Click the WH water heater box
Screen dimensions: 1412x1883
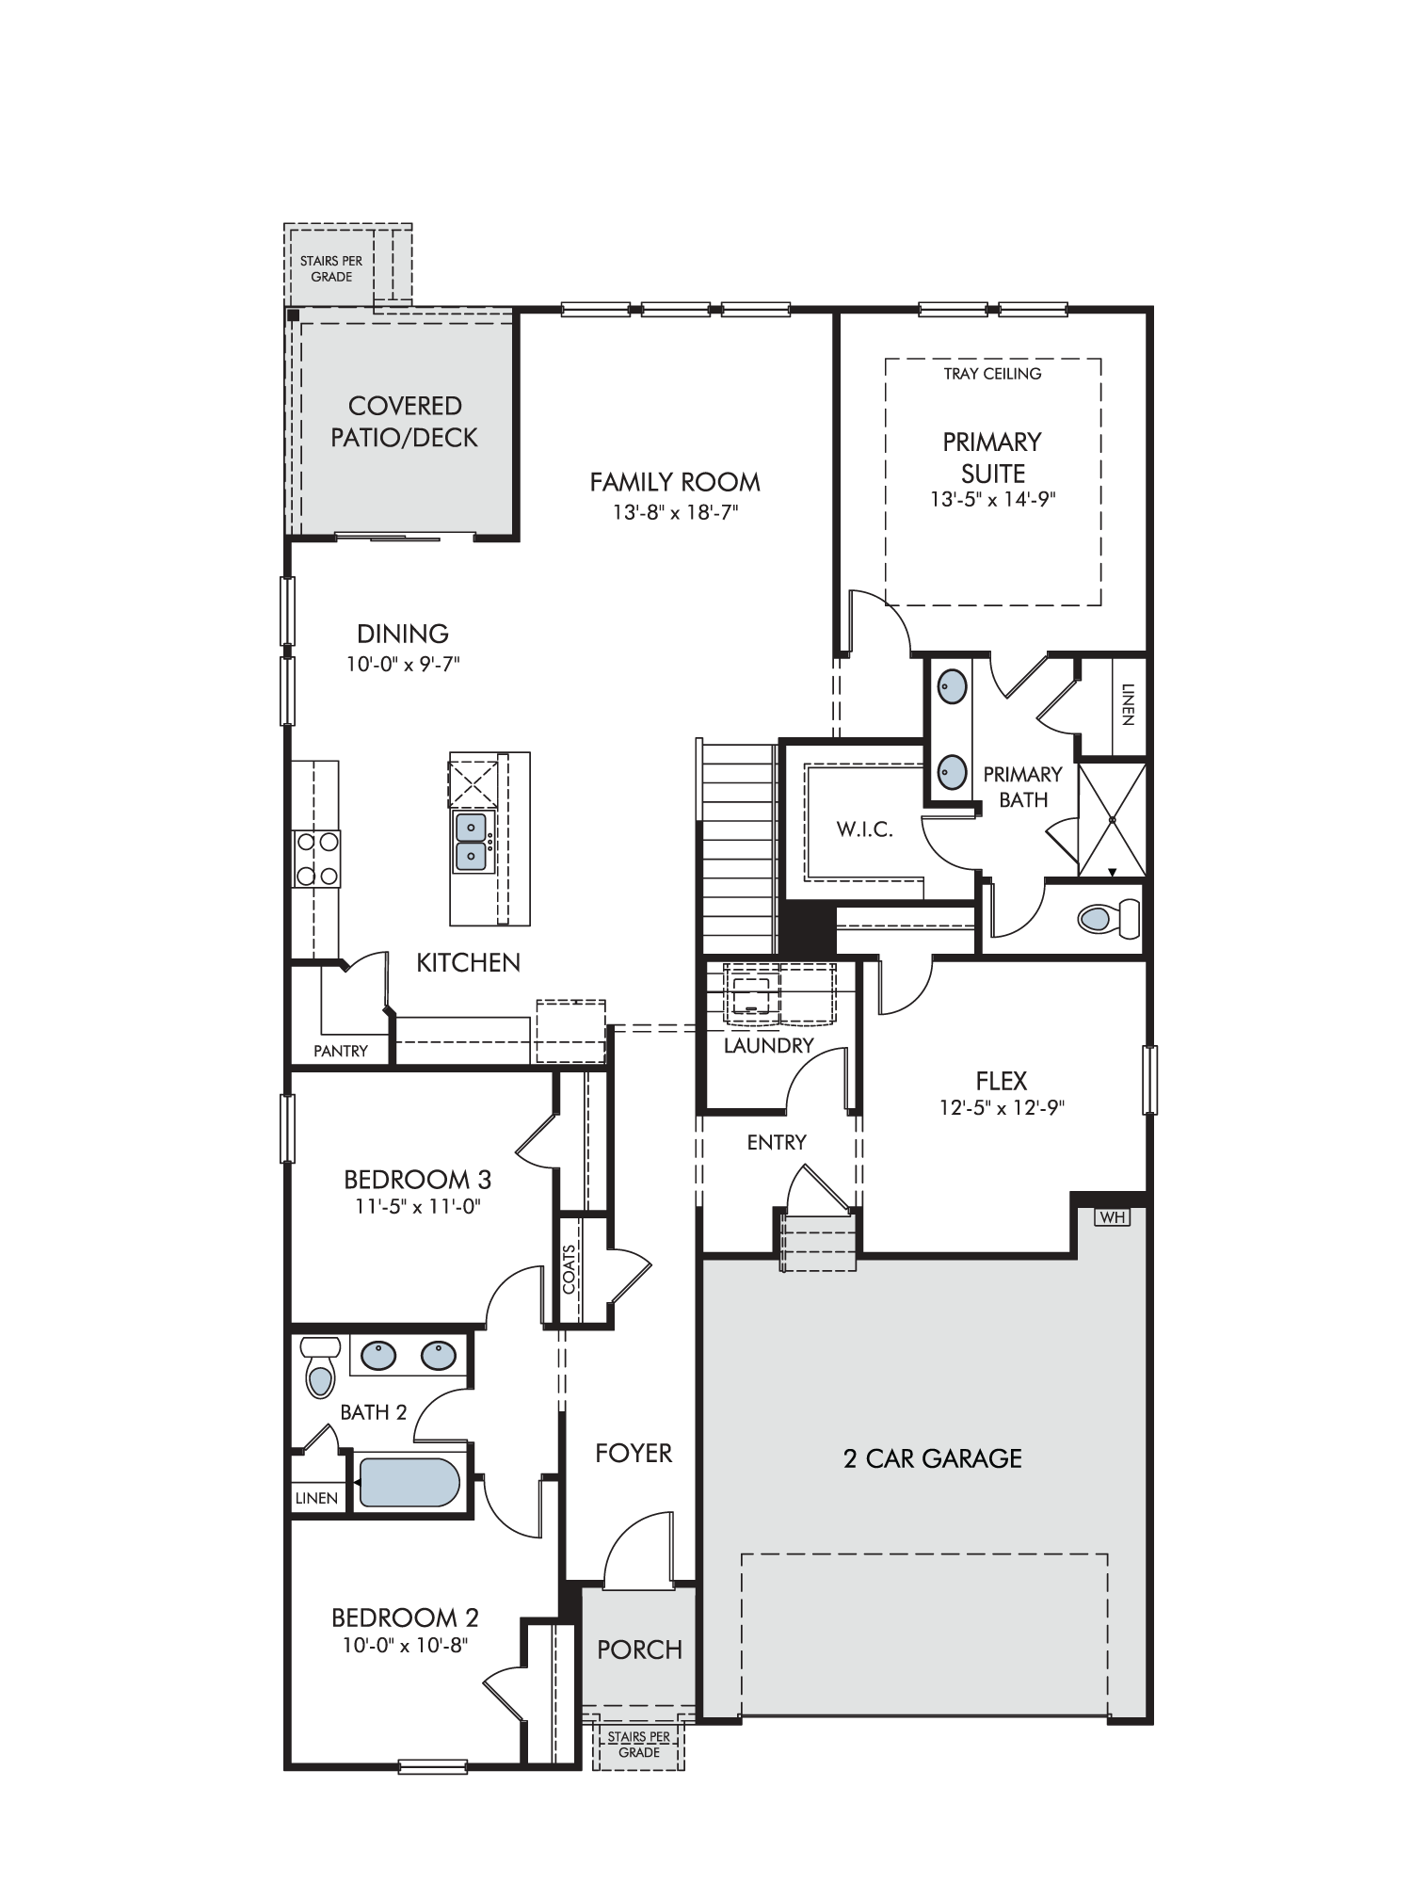(1112, 1217)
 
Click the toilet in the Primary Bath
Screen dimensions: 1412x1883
(1108, 918)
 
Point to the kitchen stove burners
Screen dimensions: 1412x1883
(316, 859)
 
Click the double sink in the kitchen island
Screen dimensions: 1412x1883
(472, 842)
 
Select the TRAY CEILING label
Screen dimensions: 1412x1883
(992, 374)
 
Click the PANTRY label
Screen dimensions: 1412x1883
(341, 1051)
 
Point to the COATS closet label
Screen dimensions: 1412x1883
(569, 1269)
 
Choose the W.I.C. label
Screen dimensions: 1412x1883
(864, 829)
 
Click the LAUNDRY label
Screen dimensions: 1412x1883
(768, 1045)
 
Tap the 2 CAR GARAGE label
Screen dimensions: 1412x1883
(932, 1458)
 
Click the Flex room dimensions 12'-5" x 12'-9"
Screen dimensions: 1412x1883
(1002, 1108)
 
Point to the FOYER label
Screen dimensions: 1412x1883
(634, 1454)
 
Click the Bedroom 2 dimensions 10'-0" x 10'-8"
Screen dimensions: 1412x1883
(406, 1645)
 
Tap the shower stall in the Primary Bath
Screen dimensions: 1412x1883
(1112, 820)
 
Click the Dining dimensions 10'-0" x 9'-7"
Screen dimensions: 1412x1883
(403, 665)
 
